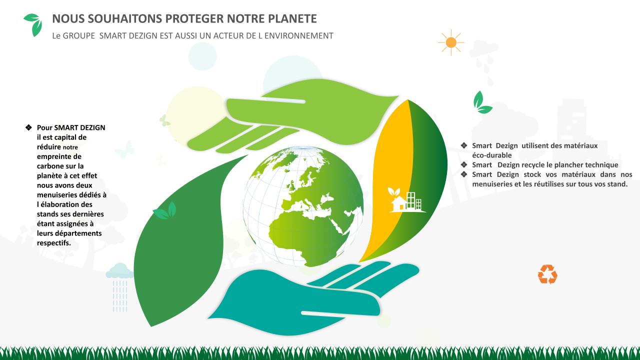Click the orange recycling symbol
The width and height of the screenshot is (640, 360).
(547, 274)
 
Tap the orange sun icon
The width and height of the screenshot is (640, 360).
(451, 42)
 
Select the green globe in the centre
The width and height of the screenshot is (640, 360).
(303, 206)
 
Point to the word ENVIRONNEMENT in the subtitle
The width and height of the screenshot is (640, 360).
(299, 35)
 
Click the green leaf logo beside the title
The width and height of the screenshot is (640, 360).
(33, 24)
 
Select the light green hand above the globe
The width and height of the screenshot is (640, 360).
(294, 114)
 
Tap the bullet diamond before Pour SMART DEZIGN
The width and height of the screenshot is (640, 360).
(28, 127)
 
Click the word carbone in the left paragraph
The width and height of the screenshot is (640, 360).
(50, 166)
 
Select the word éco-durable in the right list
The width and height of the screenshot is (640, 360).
(491, 155)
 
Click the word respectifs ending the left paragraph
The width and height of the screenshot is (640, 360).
(53, 243)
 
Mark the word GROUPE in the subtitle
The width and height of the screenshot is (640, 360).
(79, 35)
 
